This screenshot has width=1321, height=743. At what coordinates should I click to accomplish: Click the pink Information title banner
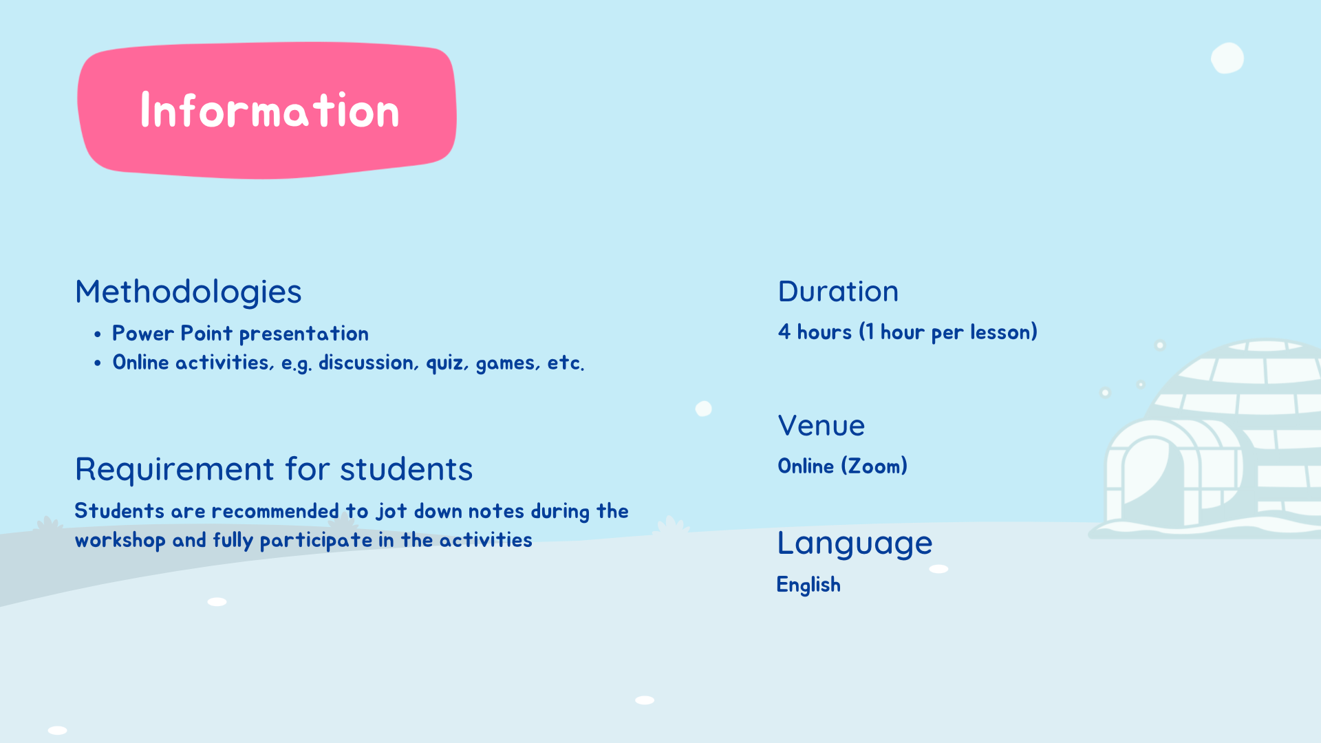tap(267, 110)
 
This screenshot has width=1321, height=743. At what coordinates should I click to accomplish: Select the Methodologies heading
tap(189, 292)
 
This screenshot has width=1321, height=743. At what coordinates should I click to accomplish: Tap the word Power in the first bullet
tap(143, 334)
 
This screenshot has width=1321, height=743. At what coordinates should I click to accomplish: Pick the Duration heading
tap(838, 292)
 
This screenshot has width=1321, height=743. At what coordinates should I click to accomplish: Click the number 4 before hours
tap(784, 332)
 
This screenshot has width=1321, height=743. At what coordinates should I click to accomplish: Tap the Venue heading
tap(821, 426)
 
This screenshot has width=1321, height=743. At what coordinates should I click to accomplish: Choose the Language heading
tap(855, 543)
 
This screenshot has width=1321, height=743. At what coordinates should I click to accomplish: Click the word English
tap(808, 585)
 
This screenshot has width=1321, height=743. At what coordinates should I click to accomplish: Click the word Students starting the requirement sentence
tap(120, 511)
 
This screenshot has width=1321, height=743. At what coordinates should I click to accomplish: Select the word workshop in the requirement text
tap(120, 541)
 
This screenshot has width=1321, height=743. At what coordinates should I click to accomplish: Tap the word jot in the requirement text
tap(391, 512)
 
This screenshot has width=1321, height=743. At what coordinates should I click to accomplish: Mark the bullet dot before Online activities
tap(98, 363)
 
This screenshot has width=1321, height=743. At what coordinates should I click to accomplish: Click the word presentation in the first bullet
tap(303, 334)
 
